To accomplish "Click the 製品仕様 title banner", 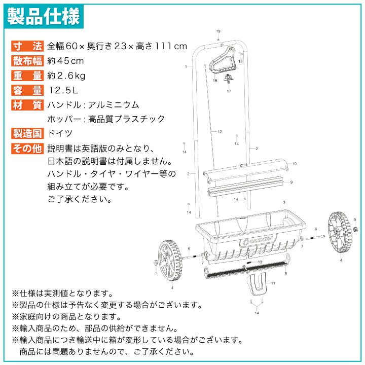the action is tap(44, 16).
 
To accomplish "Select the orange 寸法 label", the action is tap(27, 46).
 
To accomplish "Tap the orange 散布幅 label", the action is tap(27, 61).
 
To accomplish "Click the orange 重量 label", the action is tap(27, 76).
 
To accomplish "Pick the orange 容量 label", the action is tap(27, 90).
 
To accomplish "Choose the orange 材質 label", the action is tap(27, 105).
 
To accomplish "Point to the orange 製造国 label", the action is tap(27, 133).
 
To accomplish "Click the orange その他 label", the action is tap(27, 148).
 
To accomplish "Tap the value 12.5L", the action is tap(63, 90).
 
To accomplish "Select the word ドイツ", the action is tap(60, 133).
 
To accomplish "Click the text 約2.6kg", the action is tap(66, 76).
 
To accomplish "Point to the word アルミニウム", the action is tap(114, 105).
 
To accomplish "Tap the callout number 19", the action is tap(218, 31).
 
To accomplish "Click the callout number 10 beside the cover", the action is tap(295, 164).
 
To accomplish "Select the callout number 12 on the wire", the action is tap(220, 132).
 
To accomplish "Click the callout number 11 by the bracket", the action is tap(273, 283).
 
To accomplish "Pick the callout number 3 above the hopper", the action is tap(284, 202).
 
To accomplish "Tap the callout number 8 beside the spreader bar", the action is tap(285, 274).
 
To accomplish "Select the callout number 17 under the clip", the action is tap(229, 91).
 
